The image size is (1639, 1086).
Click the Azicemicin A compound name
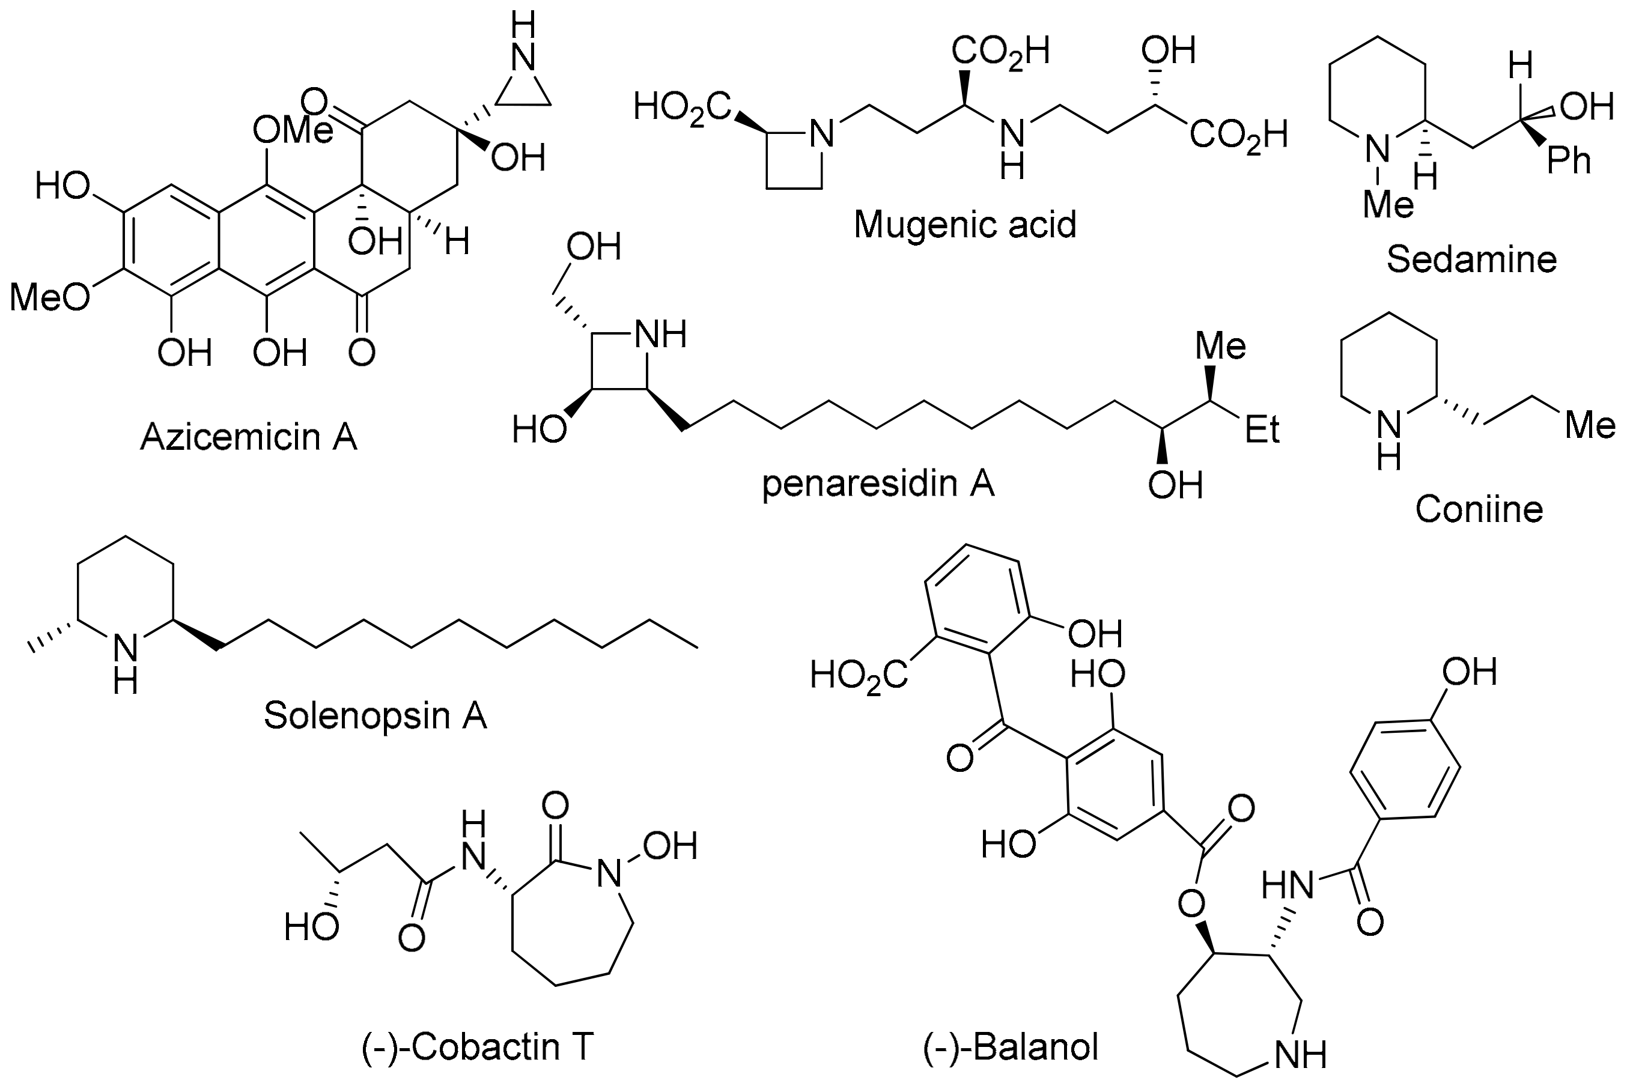click(x=249, y=437)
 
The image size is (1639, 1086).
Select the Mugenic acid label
click(x=965, y=225)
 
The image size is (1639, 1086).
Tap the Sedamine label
click(x=1471, y=259)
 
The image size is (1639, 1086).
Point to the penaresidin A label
click(x=878, y=484)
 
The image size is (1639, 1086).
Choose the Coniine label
click(x=1479, y=509)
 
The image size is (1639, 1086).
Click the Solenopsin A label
click(x=376, y=715)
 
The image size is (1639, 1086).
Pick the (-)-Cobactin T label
click(x=478, y=1046)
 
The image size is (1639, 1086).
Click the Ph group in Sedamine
click(x=1569, y=162)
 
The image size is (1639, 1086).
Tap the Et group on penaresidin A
click(x=1262, y=430)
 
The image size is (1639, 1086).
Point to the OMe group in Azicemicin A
click(x=293, y=130)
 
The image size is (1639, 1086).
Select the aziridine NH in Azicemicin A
click(x=525, y=43)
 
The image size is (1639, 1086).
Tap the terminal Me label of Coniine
click(x=1590, y=425)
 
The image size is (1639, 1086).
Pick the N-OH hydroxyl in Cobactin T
click(x=669, y=846)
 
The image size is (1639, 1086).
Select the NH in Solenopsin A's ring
click(x=126, y=661)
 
